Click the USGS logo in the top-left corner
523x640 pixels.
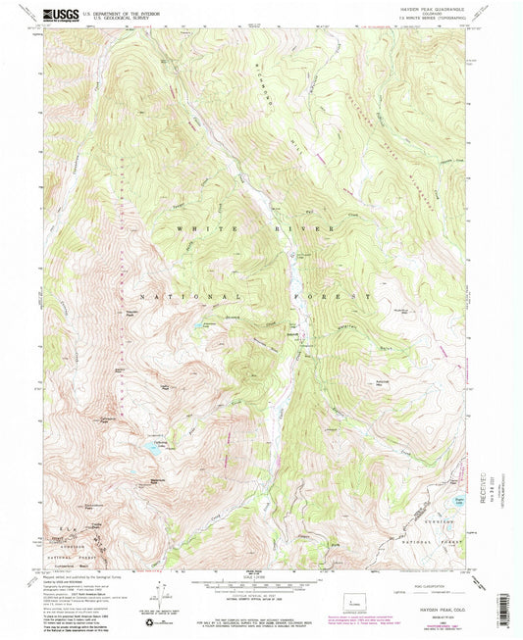coord(60,16)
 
